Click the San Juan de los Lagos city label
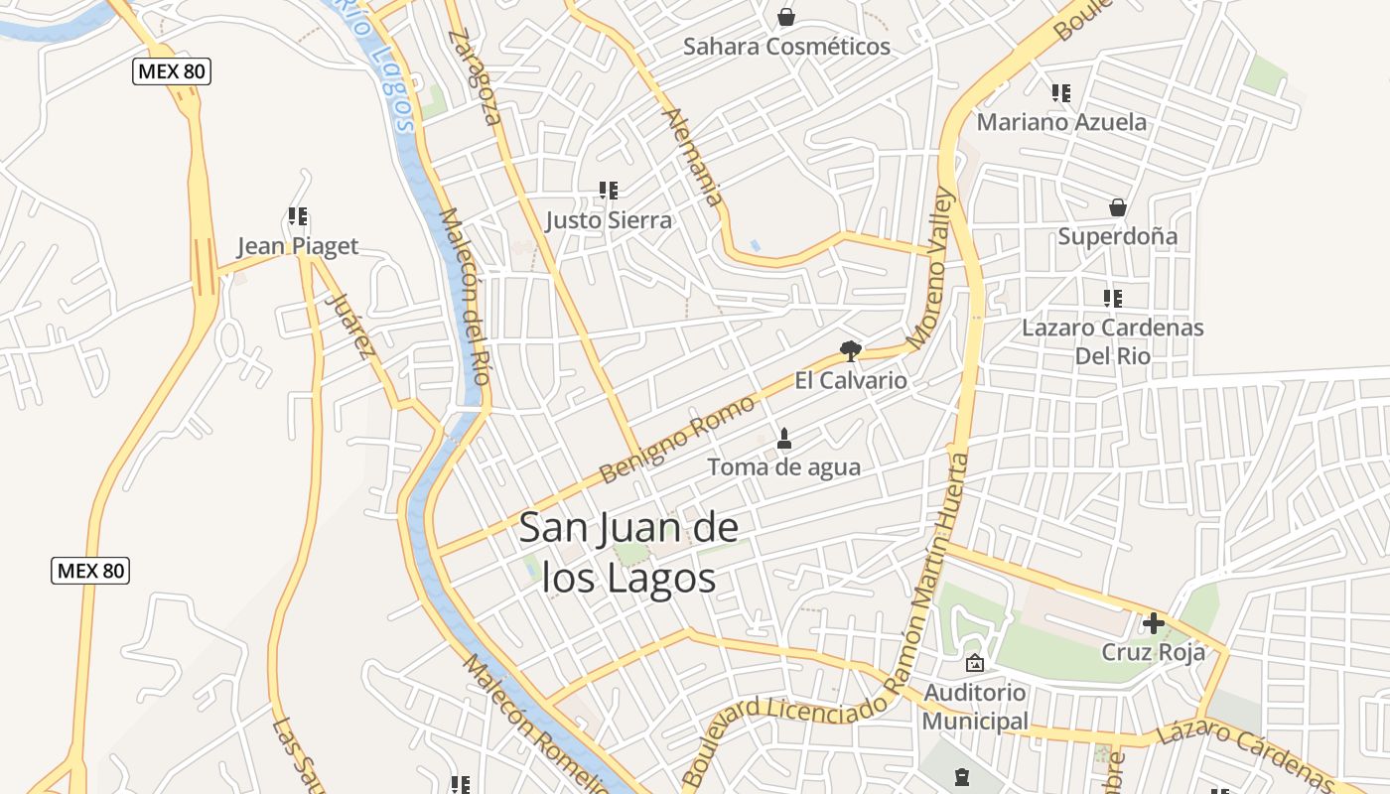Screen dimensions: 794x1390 click(629, 552)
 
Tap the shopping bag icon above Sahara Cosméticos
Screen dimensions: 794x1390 click(786, 17)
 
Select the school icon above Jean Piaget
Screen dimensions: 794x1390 click(298, 215)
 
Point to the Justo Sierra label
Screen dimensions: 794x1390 click(609, 220)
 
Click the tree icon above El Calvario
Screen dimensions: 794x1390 click(850, 350)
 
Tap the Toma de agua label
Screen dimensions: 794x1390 click(783, 466)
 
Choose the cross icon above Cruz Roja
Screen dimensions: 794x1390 click(1154, 623)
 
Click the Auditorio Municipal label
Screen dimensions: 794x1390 click(975, 706)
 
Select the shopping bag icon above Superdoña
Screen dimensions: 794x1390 click(1118, 207)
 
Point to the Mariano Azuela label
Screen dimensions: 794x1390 click(1061, 122)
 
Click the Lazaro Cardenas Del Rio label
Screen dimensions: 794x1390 click(1113, 341)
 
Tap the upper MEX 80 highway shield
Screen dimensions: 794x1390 click(173, 71)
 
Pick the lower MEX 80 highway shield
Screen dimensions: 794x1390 click(90, 571)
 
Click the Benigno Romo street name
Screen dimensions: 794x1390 click(678, 440)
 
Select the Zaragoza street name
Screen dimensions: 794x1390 click(476, 76)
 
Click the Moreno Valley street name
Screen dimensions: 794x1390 click(930, 268)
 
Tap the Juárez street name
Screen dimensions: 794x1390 click(352, 325)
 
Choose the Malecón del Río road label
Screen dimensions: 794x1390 click(465, 296)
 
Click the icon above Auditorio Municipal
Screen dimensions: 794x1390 click(975, 663)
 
